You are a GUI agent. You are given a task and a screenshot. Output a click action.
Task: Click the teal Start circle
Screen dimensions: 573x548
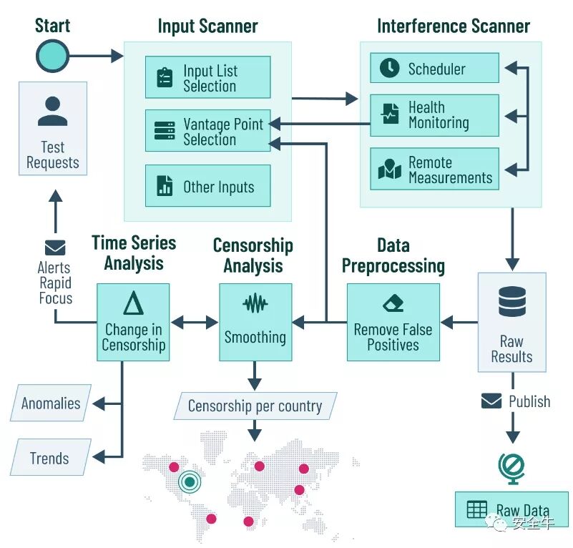[x=53, y=56]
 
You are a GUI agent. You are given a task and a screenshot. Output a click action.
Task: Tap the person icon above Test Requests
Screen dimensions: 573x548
[x=53, y=111]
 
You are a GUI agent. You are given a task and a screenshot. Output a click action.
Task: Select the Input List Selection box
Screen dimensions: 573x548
[x=208, y=77]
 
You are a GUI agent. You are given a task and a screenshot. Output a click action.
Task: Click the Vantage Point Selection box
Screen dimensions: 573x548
[x=208, y=130]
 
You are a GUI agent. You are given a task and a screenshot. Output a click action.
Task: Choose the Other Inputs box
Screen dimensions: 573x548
[x=208, y=186]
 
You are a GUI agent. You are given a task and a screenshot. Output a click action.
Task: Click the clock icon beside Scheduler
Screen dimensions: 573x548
[x=390, y=68]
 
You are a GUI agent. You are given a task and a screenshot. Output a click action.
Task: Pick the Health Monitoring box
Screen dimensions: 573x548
[x=434, y=115]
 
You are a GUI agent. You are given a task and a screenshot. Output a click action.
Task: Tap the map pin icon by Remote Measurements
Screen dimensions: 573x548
[x=390, y=170]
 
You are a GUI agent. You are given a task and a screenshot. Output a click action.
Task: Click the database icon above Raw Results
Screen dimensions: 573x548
[x=512, y=302]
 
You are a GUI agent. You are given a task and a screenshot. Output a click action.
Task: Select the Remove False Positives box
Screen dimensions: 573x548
[x=393, y=322]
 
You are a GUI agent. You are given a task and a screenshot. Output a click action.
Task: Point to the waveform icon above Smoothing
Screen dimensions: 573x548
[x=255, y=303]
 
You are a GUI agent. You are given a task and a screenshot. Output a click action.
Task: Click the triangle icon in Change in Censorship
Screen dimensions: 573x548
[x=133, y=303]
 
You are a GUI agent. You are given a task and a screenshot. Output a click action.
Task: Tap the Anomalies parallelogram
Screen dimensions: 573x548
[x=51, y=403]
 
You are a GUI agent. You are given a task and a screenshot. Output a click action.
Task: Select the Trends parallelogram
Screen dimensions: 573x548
[x=51, y=457]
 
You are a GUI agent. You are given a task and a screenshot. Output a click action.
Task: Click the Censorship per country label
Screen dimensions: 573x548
[x=255, y=406]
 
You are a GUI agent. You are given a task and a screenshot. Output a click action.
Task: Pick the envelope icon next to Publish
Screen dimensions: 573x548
[x=491, y=401]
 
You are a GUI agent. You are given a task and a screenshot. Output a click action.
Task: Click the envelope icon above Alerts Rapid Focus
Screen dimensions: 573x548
[x=55, y=248]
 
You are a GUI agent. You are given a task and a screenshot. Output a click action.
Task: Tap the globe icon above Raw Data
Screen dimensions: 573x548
[x=512, y=469]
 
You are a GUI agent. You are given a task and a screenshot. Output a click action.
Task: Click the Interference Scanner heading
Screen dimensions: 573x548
[x=454, y=26]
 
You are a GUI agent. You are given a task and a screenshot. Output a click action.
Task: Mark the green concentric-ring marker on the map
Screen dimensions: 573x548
[x=190, y=482]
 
